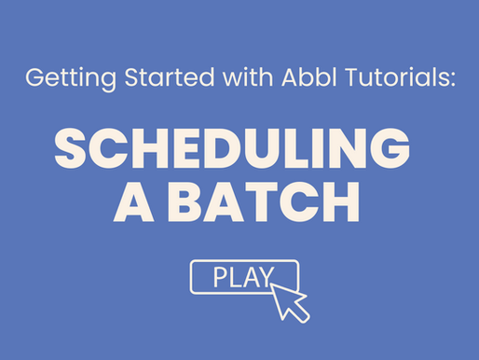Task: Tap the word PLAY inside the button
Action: pyautogui.click(x=238, y=276)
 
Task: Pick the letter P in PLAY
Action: pyautogui.click(x=221, y=276)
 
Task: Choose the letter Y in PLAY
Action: pyautogui.click(x=265, y=276)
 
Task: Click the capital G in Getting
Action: pyautogui.click(x=34, y=77)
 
